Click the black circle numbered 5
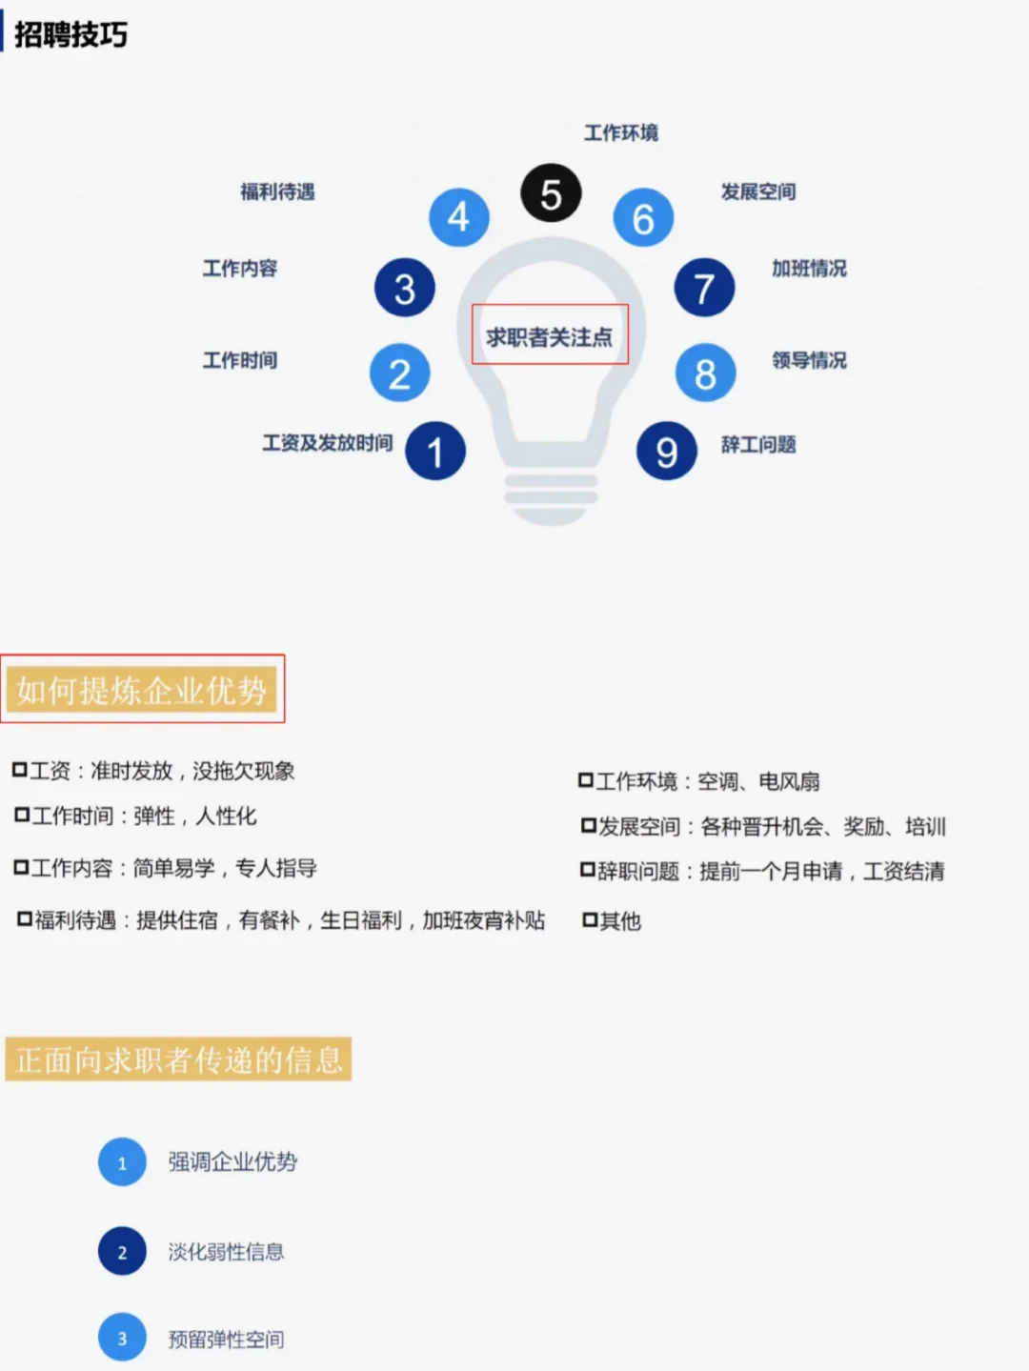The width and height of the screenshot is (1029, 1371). [551, 193]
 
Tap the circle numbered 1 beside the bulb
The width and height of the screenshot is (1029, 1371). [435, 452]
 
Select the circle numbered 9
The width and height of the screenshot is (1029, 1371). [667, 452]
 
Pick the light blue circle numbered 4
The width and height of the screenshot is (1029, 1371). [458, 217]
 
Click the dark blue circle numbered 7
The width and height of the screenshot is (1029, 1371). [704, 288]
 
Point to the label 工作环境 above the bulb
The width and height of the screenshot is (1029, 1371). [621, 132]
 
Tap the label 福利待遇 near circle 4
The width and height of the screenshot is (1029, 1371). [277, 192]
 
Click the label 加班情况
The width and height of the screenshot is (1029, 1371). [809, 269]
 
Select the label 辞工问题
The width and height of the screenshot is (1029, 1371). [758, 444]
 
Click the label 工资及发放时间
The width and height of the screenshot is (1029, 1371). [328, 443]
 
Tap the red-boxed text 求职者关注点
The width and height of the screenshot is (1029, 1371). [550, 336]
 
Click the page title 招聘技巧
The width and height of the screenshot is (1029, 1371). [71, 35]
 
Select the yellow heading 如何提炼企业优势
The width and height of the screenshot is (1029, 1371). [142, 690]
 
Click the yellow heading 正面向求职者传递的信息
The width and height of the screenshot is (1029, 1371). [179, 1059]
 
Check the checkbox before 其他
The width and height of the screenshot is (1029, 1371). [590, 920]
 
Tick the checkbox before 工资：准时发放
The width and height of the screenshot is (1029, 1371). [20, 770]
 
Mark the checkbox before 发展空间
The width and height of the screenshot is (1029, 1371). [589, 826]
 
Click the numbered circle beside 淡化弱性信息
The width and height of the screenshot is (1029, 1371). [122, 1252]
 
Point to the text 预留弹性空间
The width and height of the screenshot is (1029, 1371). [226, 1340]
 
